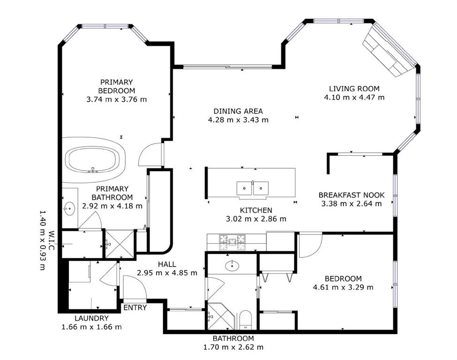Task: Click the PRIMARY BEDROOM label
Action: pyautogui.click(x=116, y=86)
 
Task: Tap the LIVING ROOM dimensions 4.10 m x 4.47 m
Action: pyautogui.click(x=354, y=97)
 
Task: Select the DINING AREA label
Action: pyautogui.click(x=238, y=111)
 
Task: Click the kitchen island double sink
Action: pyautogui.click(x=252, y=189)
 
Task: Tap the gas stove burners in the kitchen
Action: pyautogui.click(x=232, y=242)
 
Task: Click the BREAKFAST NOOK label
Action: pyautogui.click(x=351, y=195)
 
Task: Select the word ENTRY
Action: pyautogui.click(x=135, y=307)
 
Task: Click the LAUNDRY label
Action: pyautogui.click(x=91, y=318)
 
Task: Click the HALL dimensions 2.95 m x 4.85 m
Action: pyautogui.click(x=167, y=273)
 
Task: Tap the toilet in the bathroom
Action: pyautogui.click(x=245, y=320)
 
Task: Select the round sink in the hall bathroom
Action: pyautogui.click(x=232, y=265)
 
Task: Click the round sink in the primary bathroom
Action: pyautogui.click(x=69, y=209)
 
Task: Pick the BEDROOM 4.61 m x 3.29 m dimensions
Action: pyautogui.click(x=343, y=287)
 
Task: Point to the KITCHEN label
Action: pyautogui.click(x=256, y=210)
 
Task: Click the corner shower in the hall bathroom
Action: pyautogui.click(x=221, y=316)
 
